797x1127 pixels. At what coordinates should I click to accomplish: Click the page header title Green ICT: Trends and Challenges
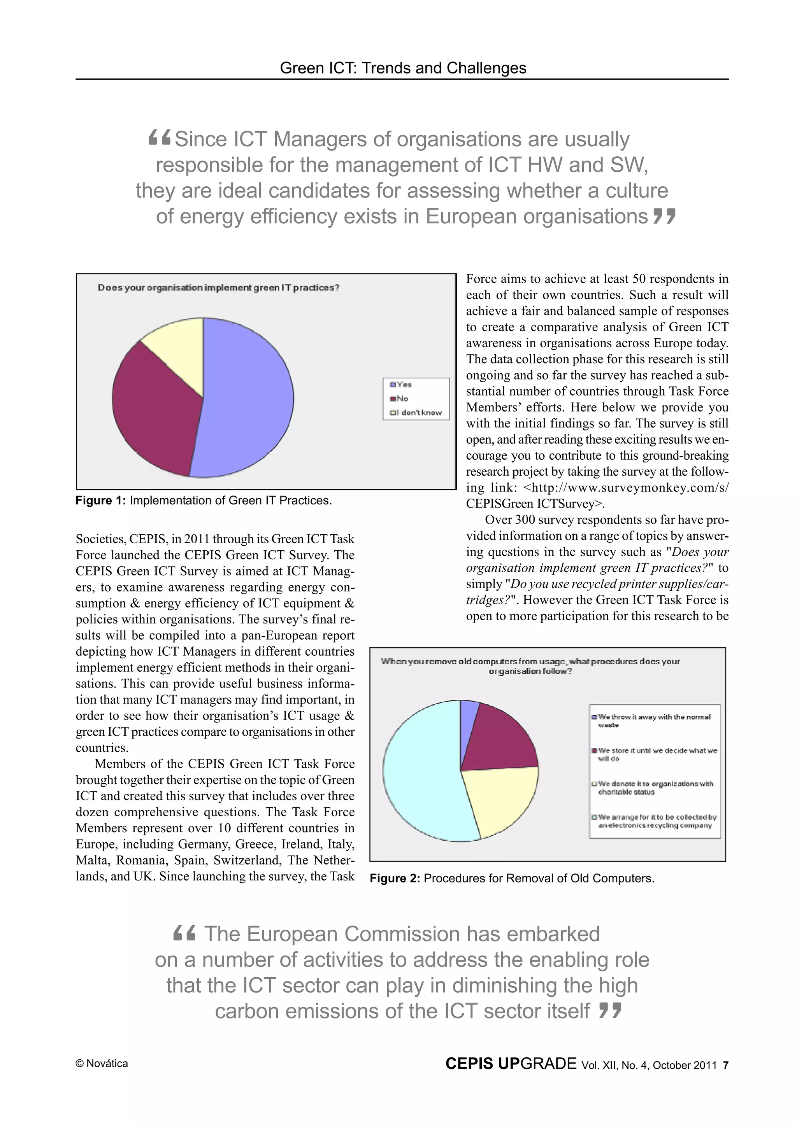[403, 68]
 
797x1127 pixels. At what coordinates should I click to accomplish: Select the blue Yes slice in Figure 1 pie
[246, 397]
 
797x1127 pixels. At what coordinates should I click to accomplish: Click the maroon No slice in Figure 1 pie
[152, 412]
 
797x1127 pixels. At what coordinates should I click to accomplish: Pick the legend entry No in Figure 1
[402, 398]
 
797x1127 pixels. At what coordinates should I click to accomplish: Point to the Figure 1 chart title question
[219, 288]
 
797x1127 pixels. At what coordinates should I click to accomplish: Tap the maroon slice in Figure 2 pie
[496, 741]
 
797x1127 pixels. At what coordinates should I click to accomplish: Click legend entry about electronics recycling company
[656, 821]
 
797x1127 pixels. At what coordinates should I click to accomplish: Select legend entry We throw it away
[653, 721]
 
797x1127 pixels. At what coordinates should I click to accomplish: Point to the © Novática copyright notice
[102, 1064]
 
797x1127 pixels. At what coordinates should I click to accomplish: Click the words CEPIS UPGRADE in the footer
[511, 1063]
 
